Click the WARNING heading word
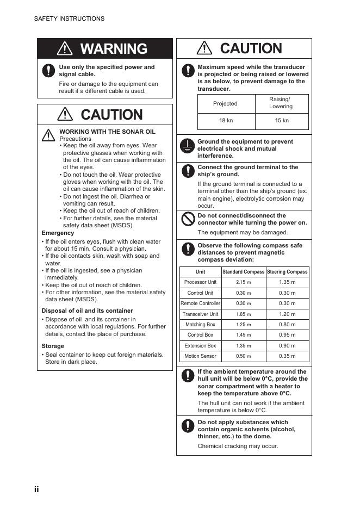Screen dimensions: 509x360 pos(114,49)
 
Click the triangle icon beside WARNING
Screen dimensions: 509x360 pos(65,49)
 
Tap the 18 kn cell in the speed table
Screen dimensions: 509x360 pos(226,121)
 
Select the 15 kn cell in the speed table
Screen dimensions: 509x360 pos(282,121)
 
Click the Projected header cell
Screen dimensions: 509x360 pos(225,103)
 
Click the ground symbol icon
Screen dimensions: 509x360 pos(187,146)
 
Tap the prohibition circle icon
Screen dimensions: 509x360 pos(188,219)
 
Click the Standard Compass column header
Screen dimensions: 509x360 pos(244,271)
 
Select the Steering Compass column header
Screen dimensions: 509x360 pos(287,271)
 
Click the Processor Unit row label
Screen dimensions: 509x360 pos(200,282)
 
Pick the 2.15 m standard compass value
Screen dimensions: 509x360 pos(244,282)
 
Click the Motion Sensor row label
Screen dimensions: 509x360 pos(200,356)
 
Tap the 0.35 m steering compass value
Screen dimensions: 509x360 pos(287,356)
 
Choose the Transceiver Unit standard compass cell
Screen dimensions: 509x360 pos(244,314)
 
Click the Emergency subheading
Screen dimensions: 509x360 pos(58,233)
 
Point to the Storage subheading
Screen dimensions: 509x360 pos(53,346)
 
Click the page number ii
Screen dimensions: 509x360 pos(36,489)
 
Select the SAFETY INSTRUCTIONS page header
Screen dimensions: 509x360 pos(69,18)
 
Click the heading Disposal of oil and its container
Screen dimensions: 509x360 pos(88,311)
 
